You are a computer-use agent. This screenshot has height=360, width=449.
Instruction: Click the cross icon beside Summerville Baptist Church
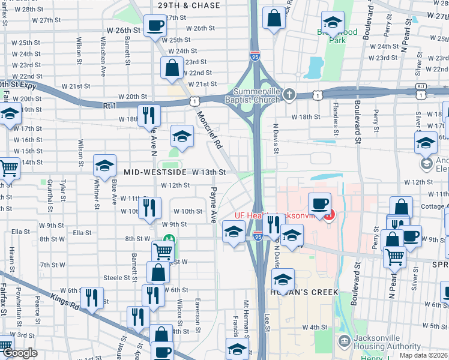289,95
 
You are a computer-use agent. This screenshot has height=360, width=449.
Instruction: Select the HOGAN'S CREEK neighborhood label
304,292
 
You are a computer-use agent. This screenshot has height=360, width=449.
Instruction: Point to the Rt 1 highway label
109,106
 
